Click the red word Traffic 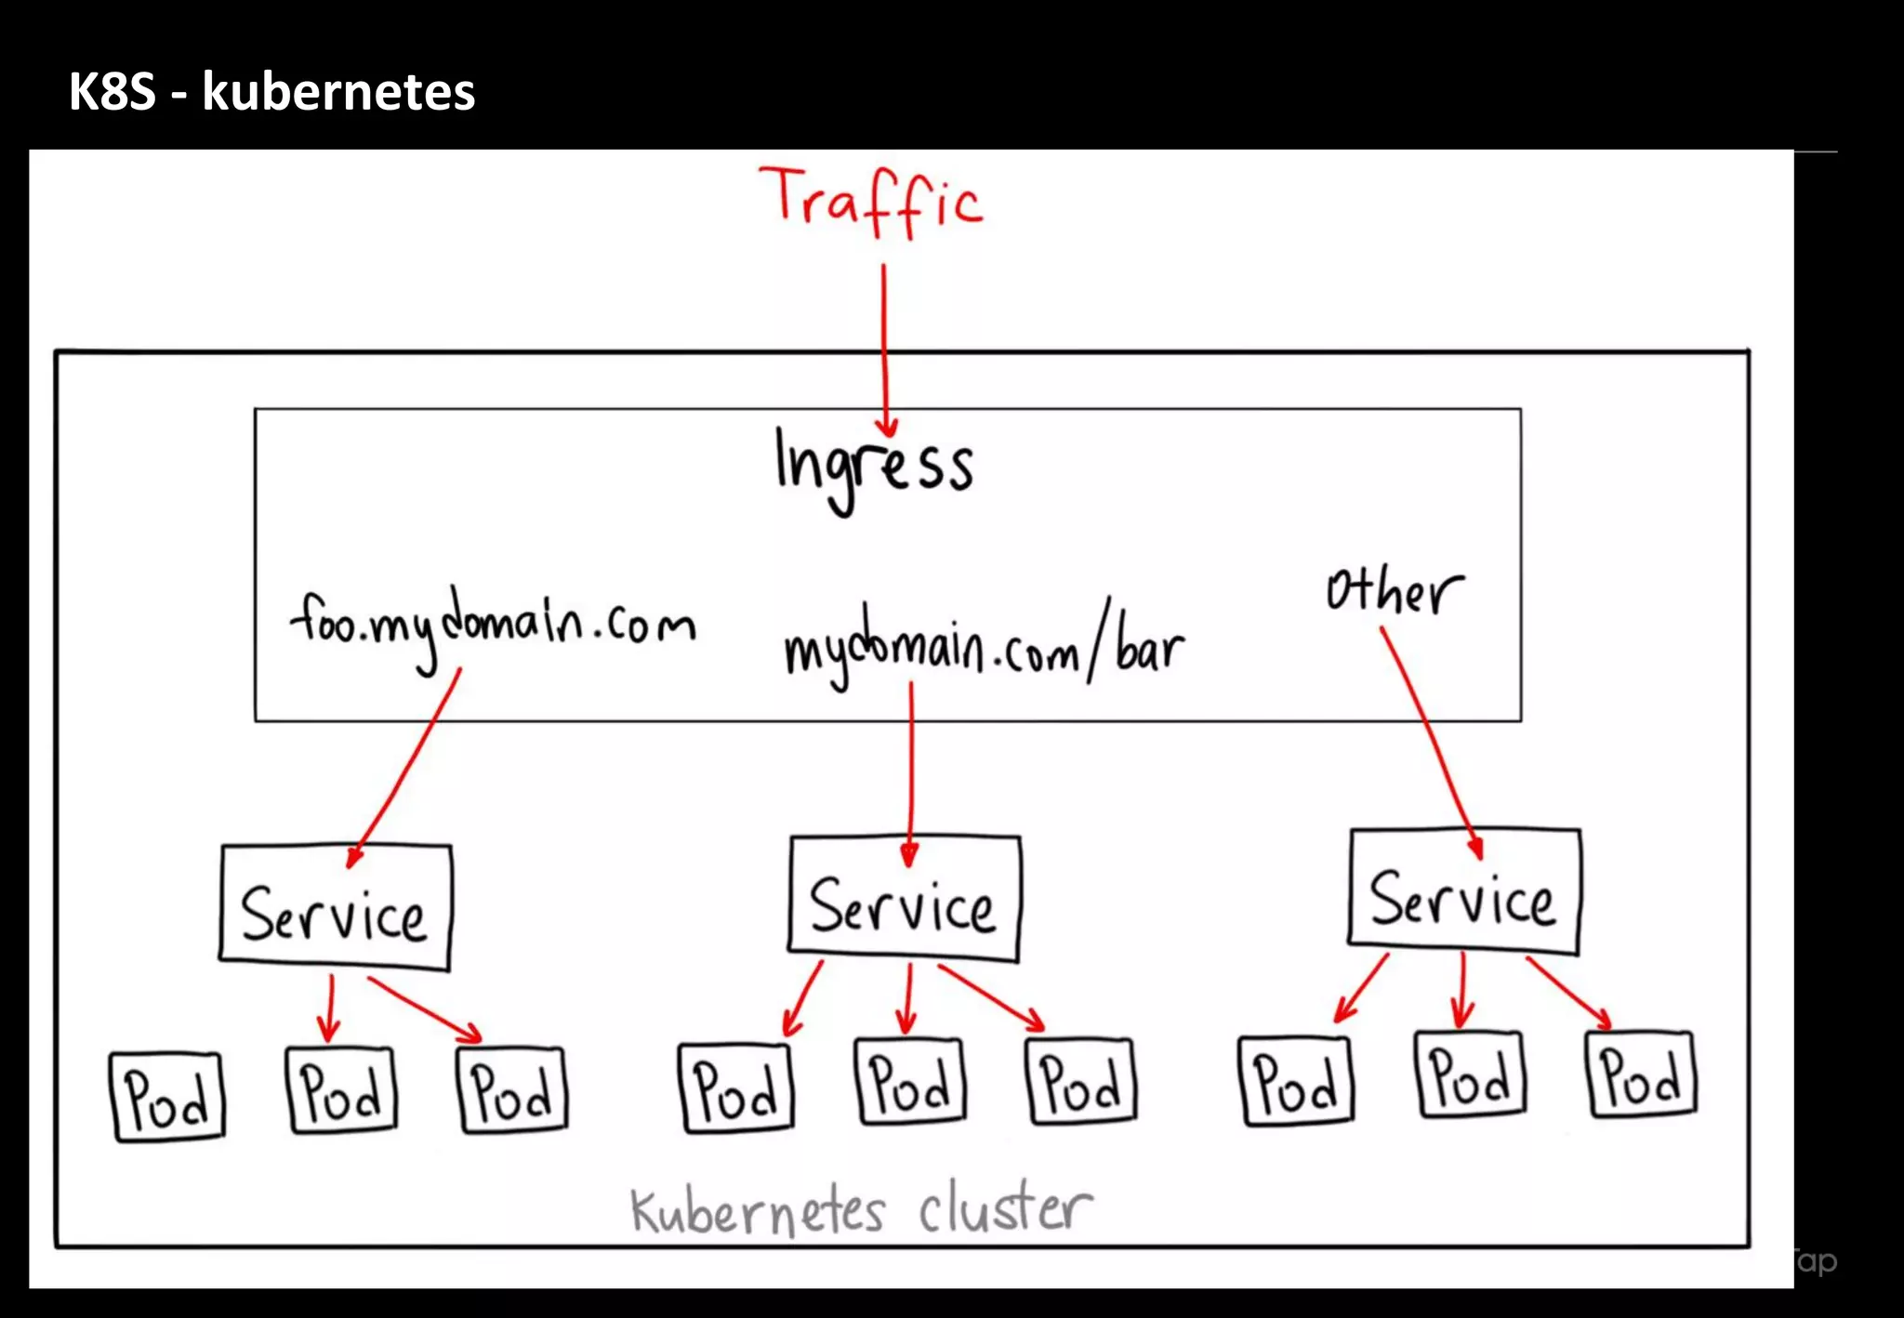[870, 202]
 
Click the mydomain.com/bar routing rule [983, 646]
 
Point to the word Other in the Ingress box [1394, 591]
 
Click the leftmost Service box [336, 908]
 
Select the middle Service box [904, 900]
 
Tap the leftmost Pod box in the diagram [167, 1097]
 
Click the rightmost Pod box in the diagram [1641, 1074]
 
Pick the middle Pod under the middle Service [910, 1082]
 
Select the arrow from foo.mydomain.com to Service [405, 767]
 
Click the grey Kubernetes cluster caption [861, 1209]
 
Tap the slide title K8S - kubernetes [271, 91]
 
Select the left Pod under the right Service [1296, 1082]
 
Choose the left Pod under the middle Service [737, 1088]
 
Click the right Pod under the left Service [512, 1090]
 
